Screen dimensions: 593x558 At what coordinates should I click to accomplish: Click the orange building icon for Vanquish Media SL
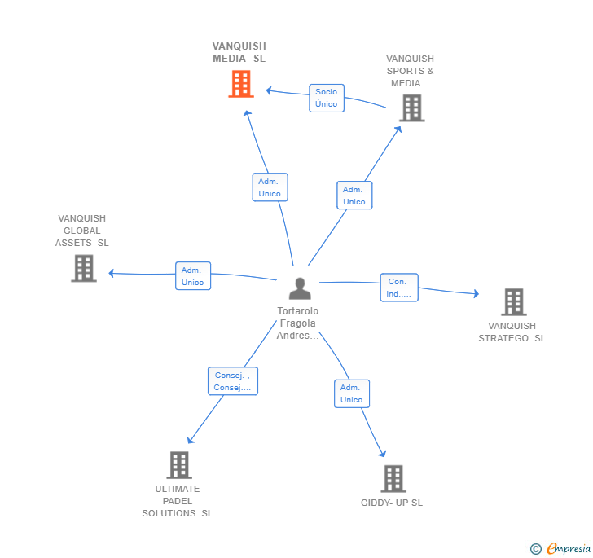pyautogui.click(x=241, y=84)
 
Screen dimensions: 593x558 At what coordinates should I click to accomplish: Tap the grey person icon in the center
pyautogui.click(x=300, y=288)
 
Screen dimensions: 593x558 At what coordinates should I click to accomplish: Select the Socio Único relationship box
pyautogui.click(x=327, y=98)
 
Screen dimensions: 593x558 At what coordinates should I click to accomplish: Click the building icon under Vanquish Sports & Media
pyautogui.click(x=412, y=108)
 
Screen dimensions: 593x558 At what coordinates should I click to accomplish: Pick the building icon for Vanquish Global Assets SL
pyautogui.click(x=84, y=268)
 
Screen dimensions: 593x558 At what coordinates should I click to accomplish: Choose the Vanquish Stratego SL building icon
pyautogui.click(x=513, y=302)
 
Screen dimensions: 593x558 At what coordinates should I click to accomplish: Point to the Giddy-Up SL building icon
pyautogui.click(x=393, y=478)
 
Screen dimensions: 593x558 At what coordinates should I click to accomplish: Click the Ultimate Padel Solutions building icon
pyautogui.click(x=179, y=465)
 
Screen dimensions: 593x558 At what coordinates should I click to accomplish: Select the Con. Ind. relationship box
pyautogui.click(x=399, y=288)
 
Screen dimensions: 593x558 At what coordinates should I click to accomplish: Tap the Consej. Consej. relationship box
pyautogui.click(x=233, y=381)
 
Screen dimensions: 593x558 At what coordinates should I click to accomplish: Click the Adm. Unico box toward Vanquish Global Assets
pyautogui.click(x=193, y=276)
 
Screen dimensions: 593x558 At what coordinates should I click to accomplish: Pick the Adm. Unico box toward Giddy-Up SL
pyautogui.click(x=352, y=393)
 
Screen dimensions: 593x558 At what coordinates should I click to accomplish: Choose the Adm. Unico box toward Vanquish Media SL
pyautogui.click(x=270, y=187)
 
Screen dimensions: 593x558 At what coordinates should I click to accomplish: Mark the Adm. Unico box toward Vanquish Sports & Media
pyautogui.click(x=354, y=196)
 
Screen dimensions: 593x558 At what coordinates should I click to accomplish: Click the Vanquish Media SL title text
pyautogui.click(x=239, y=52)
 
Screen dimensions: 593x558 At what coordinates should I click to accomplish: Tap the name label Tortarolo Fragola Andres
pyautogui.click(x=298, y=323)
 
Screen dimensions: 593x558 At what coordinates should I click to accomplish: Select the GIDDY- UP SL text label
pyautogui.click(x=392, y=503)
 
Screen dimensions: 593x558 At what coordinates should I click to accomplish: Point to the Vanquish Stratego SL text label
pyautogui.click(x=512, y=332)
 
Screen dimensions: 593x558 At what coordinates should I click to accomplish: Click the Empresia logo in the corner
pyautogui.click(x=560, y=548)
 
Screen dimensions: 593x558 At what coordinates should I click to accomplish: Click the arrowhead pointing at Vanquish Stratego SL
pyautogui.click(x=477, y=293)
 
